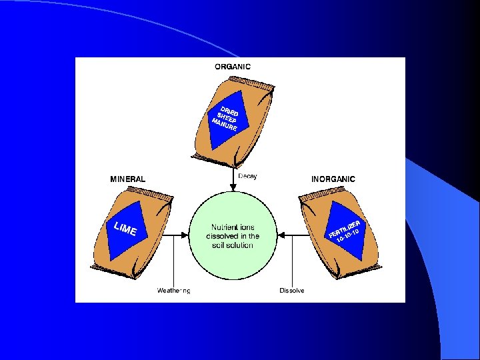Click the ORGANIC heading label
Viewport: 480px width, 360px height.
coord(233,66)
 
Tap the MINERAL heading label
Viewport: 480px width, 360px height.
coord(127,179)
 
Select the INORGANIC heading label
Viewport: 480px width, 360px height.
coord(333,179)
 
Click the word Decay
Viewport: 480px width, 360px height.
coord(248,176)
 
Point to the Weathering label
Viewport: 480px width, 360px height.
coord(173,291)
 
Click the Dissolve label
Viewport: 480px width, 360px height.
coord(292,291)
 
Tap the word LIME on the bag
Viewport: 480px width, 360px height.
coord(125,229)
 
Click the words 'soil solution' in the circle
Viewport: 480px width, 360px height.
coord(233,245)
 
